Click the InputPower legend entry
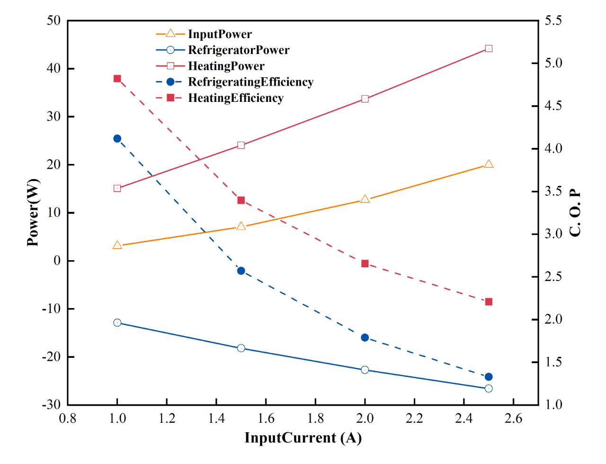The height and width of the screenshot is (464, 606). coord(220,34)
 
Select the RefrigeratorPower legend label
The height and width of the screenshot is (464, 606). coord(239,50)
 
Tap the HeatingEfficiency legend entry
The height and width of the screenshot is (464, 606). coord(236,98)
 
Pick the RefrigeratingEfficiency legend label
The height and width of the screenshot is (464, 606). coord(250,82)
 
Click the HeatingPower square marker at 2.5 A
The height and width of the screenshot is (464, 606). coord(489,48)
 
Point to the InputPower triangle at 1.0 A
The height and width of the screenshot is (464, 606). coord(117,245)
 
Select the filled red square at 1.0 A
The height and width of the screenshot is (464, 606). coord(117,79)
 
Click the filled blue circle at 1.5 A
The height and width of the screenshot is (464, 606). coord(241,271)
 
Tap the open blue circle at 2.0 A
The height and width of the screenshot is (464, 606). coord(365,370)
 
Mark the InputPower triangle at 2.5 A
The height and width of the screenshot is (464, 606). coord(489,164)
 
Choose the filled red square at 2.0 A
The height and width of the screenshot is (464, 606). coord(365,264)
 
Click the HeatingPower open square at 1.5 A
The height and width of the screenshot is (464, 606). coord(241,145)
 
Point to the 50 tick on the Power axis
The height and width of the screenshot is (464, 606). coord(53,20)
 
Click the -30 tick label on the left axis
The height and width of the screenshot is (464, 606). coord(51,405)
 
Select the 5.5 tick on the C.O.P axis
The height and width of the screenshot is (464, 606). coord(553,20)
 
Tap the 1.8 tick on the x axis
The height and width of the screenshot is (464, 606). coord(315,419)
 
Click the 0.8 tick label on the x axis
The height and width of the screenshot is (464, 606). coord(68,419)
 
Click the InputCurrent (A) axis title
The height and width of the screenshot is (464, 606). coord(303,438)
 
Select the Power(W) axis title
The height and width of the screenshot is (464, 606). coord(33,212)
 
